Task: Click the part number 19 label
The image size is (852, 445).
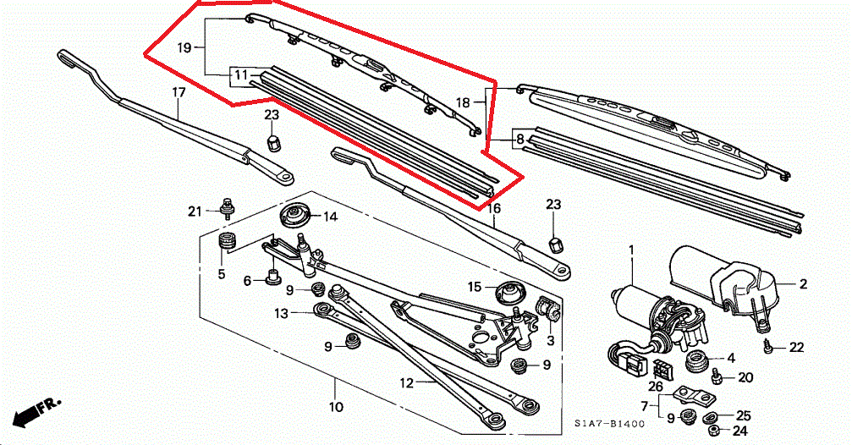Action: click(x=184, y=48)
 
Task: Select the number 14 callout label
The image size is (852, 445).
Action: click(x=329, y=217)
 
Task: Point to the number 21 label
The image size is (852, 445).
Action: click(x=194, y=211)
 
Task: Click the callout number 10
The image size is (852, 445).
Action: click(x=336, y=407)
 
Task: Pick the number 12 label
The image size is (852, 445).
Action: click(x=407, y=383)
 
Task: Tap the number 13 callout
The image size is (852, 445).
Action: click(x=282, y=313)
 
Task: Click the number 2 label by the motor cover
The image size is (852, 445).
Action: click(x=803, y=284)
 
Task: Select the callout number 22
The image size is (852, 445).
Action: click(x=796, y=348)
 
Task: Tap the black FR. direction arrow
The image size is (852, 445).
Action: click(x=29, y=412)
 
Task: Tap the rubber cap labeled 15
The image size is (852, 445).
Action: click(x=509, y=291)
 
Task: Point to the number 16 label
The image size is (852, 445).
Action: click(x=495, y=208)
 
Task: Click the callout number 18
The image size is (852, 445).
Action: click(x=463, y=102)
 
